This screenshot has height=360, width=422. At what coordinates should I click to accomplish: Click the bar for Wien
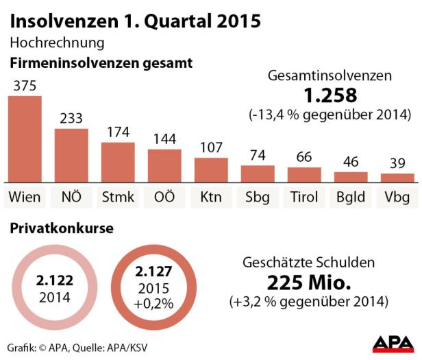(x=25, y=138)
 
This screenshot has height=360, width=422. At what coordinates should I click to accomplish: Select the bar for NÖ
(x=71, y=154)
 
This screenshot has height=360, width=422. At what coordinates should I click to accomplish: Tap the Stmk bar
(x=118, y=162)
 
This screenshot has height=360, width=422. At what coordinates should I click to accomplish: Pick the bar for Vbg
(x=397, y=177)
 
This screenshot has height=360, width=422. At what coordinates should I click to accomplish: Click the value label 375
(x=25, y=85)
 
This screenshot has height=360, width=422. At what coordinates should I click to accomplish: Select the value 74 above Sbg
(x=258, y=155)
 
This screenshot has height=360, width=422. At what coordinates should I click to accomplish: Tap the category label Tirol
(x=304, y=198)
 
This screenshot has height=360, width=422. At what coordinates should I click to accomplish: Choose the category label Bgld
(x=351, y=198)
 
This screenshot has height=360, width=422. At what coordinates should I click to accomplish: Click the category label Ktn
(x=211, y=198)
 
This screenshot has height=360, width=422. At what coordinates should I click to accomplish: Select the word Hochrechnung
(x=57, y=43)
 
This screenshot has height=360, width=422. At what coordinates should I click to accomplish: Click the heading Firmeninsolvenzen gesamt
(x=101, y=63)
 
